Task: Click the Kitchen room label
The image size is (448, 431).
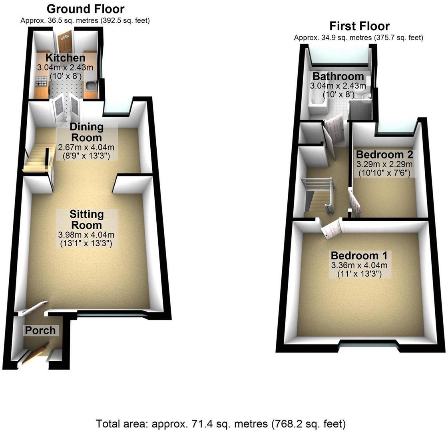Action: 65,58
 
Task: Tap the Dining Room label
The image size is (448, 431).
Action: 87,132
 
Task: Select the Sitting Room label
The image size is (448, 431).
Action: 87,219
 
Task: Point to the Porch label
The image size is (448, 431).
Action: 40,330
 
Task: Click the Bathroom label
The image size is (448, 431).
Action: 338,76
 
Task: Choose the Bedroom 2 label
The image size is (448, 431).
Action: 384,154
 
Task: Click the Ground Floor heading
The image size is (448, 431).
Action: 86,9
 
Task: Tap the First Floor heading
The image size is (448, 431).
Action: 359,26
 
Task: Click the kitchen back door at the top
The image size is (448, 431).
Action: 64,42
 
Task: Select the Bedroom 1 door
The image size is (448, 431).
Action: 331,229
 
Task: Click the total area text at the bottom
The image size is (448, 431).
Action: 221,423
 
